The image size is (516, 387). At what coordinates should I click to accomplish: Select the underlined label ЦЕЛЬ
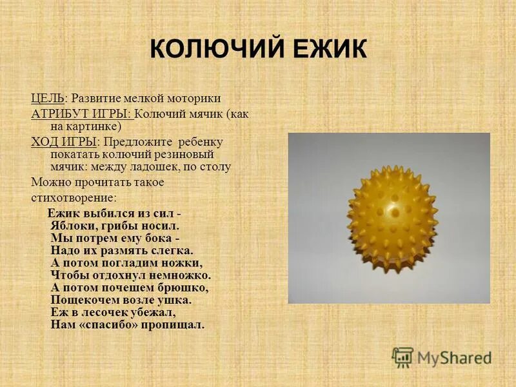pyautogui.click(x=47, y=98)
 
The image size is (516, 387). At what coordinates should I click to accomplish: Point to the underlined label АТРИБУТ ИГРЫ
pyautogui.click(x=82, y=114)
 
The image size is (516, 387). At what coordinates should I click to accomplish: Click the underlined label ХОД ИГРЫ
pyautogui.click(x=64, y=142)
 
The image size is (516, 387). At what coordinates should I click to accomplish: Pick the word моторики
pyautogui.click(x=193, y=98)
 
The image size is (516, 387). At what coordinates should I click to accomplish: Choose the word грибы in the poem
pyautogui.click(x=123, y=226)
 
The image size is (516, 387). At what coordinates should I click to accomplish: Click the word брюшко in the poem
pyautogui.click(x=183, y=288)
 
